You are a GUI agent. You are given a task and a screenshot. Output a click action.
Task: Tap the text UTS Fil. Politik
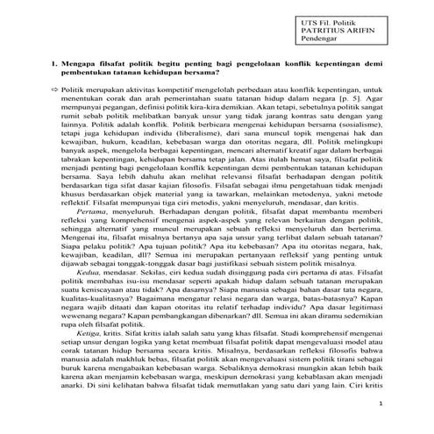tap(327, 19)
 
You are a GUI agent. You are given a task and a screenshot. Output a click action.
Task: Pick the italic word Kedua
tap(88, 273)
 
